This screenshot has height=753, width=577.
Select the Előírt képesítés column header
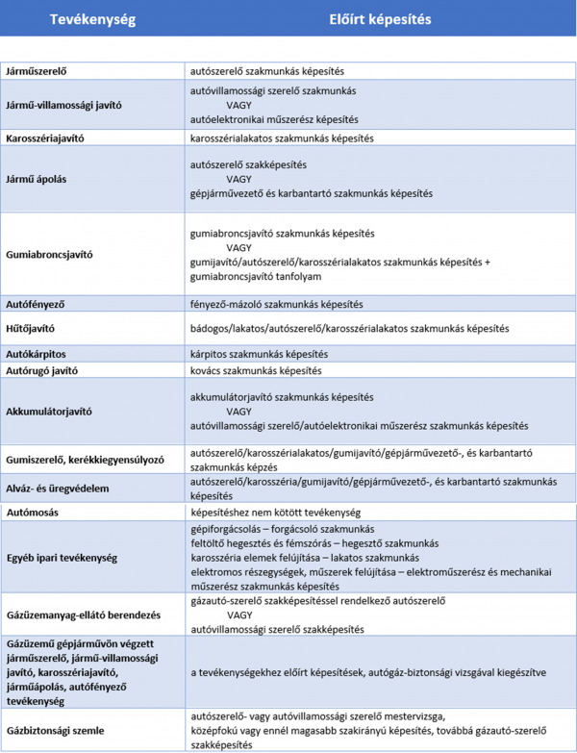click(x=381, y=19)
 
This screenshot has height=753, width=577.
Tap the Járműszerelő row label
click(x=38, y=71)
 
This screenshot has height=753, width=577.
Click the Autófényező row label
click(x=35, y=304)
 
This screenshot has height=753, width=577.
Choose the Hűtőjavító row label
click(x=31, y=329)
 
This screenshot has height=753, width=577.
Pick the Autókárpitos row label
click(x=36, y=354)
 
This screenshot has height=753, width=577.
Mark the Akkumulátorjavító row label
click(x=49, y=411)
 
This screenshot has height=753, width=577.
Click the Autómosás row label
click(x=32, y=513)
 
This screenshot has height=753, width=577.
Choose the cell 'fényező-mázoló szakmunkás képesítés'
click(x=277, y=304)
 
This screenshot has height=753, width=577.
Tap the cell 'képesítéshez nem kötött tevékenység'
click(x=278, y=513)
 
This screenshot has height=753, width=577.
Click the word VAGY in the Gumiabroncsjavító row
click(x=239, y=248)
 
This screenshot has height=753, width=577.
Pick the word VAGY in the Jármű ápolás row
click(x=239, y=179)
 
